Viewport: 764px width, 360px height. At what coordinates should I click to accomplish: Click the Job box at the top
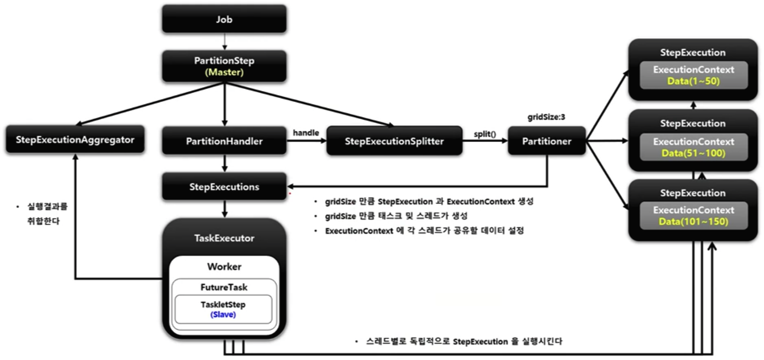(x=224, y=19)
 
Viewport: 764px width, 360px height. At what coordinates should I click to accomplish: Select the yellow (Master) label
(x=224, y=72)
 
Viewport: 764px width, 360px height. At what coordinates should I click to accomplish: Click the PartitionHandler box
(x=224, y=141)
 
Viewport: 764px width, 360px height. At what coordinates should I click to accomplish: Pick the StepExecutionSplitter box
(x=393, y=141)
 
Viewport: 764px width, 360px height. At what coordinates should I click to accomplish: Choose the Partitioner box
(x=547, y=141)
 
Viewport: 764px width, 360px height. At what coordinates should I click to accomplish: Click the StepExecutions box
(x=224, y=186)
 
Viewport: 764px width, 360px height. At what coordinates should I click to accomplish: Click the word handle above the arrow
(x=306, y=132)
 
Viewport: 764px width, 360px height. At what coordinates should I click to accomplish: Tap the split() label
(x=485, y=134)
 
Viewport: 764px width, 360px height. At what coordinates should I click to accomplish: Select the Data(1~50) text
(x=692, y=81)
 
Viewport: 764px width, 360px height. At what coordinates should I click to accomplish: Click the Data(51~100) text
(x=692, y=153)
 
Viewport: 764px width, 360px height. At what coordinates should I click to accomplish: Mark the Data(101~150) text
(x=692, y=222)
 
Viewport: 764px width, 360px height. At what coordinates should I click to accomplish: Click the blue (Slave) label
(x=223, y=314)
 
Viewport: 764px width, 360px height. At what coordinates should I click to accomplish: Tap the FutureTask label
(x=223, y=288)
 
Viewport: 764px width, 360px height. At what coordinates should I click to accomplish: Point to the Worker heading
(x=224, y=267)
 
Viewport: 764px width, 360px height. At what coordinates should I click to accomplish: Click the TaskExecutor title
(x=224, y=238)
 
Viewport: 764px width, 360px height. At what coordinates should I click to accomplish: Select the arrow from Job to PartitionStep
(x=225, y=40)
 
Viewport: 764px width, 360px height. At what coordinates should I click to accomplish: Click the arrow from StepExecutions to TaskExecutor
(x=225, y=208)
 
